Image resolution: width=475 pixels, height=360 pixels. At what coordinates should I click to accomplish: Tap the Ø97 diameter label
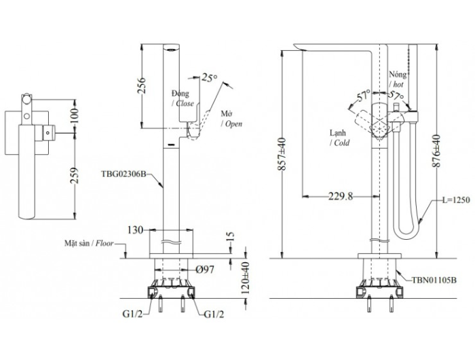point(205,270)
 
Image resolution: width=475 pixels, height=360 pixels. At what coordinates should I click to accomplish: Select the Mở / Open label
point(231,119)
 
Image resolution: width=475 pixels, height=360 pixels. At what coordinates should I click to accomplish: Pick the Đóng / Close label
point(183,98)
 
